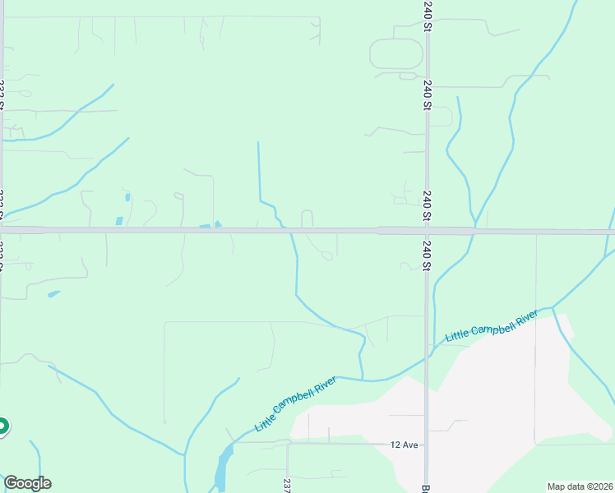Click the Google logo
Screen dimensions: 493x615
click(x=27, y=483)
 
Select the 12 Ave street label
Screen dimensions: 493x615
click(x=405, y=445)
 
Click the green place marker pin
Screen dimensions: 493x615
click(x=2, y=426)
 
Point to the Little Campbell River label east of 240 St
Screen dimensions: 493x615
click(x=492, y=326)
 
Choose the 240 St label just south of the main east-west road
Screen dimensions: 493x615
click(x=428, y=255)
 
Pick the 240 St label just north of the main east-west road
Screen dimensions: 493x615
click(x=428, y=205)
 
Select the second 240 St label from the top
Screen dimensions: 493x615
click(x=428, y=95)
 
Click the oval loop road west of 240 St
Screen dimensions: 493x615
click(x=396, y=54)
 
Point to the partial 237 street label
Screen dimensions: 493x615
click(x=287, y=486)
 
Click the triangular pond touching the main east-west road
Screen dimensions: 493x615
click(x=218, y=224)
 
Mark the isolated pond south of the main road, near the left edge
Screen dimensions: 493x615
click(x=53, y=293)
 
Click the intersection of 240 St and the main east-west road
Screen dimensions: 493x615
click(x=427, y=231)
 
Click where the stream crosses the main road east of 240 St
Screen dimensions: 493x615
click(x=474, y=231)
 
